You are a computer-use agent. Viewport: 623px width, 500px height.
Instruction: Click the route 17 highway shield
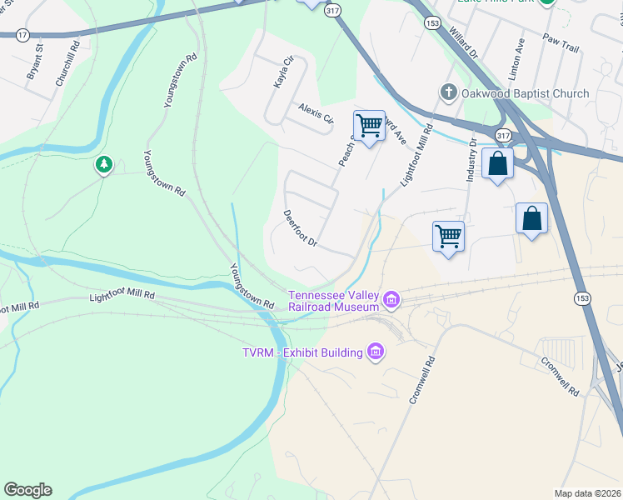[22, 35]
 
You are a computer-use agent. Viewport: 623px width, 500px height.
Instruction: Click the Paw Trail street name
[560, 43]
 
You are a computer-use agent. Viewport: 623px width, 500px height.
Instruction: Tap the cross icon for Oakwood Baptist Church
[447, 93]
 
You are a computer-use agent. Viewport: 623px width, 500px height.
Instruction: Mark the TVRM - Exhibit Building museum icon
[375, 352]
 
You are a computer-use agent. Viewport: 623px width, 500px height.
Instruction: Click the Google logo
[27, 490]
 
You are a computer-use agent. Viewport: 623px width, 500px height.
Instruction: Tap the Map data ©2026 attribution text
[586, 493]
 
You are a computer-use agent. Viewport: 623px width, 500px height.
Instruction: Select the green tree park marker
[103, 165]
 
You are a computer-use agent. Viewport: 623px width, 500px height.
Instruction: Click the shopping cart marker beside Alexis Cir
[369, 126]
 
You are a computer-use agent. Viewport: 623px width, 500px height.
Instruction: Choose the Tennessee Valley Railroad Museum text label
[334, 301]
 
